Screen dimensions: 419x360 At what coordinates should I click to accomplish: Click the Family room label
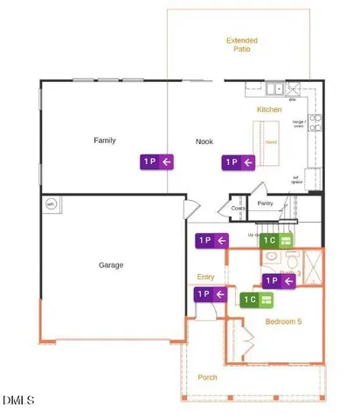pyautogui.click(x=105, y=140)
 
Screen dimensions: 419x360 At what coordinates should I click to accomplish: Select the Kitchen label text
pyautogui.click(x=268, y=110)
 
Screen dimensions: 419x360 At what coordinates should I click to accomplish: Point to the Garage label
pyautogui.click(x=110, y=264)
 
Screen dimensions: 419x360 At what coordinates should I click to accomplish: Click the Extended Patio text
pyautogui.click(x=238, y=45)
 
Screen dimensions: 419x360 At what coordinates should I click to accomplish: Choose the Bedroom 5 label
pyautogui.click(x=283, y=321)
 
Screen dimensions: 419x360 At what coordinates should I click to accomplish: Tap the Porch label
pyautogui.click(x=207, y=377)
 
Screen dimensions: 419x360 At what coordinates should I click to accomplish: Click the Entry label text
pyautogui.click(x=205, y=277)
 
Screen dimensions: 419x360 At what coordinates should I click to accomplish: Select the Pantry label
pyautogui.click(x=266, y=204)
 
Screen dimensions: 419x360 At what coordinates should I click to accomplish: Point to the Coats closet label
pyautogui.click(x=238, y=209)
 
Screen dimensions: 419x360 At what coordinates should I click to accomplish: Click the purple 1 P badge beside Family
pyautogui.click(x=157, y=161)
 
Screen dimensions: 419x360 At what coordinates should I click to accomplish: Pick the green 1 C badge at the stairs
pyautogui.click(x=276, y=239)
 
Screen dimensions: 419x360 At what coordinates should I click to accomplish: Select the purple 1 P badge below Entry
pyautogui.click(x=210, y=294)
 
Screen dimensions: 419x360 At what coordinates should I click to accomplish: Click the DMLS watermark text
pyautogui.click(x=18, y=401)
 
